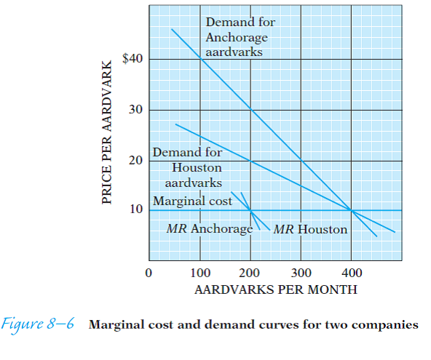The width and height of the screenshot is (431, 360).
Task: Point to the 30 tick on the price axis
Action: (x=135, y=110)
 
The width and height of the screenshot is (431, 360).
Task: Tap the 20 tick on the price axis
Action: (x=135, y=161)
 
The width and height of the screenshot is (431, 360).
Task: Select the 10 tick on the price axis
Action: (x=135, y=210)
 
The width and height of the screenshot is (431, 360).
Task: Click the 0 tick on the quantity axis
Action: (x=149, y=273)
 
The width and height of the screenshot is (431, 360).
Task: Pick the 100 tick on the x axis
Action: (x=200, y=273)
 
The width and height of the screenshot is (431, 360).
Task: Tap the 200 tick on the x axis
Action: (x=251, y=273)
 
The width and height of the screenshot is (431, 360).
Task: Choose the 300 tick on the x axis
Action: (x=301, y=273)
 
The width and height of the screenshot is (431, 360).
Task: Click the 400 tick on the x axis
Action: (x=352, y=273)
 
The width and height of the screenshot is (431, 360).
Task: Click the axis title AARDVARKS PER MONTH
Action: (x=276, y=289)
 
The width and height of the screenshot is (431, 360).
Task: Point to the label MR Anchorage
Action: (x=209, y=229)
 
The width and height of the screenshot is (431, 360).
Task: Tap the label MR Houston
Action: (x=311, y=229)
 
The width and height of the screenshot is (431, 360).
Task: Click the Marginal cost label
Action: (x=191, y=200)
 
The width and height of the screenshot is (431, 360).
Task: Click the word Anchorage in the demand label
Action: (x=237, y=37)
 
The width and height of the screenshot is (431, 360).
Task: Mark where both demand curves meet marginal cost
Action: (x=352, y=210)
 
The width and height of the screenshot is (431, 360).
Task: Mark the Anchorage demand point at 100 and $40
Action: (x=200, y=59)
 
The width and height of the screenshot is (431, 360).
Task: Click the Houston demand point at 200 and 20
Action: (x=251, y=161)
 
